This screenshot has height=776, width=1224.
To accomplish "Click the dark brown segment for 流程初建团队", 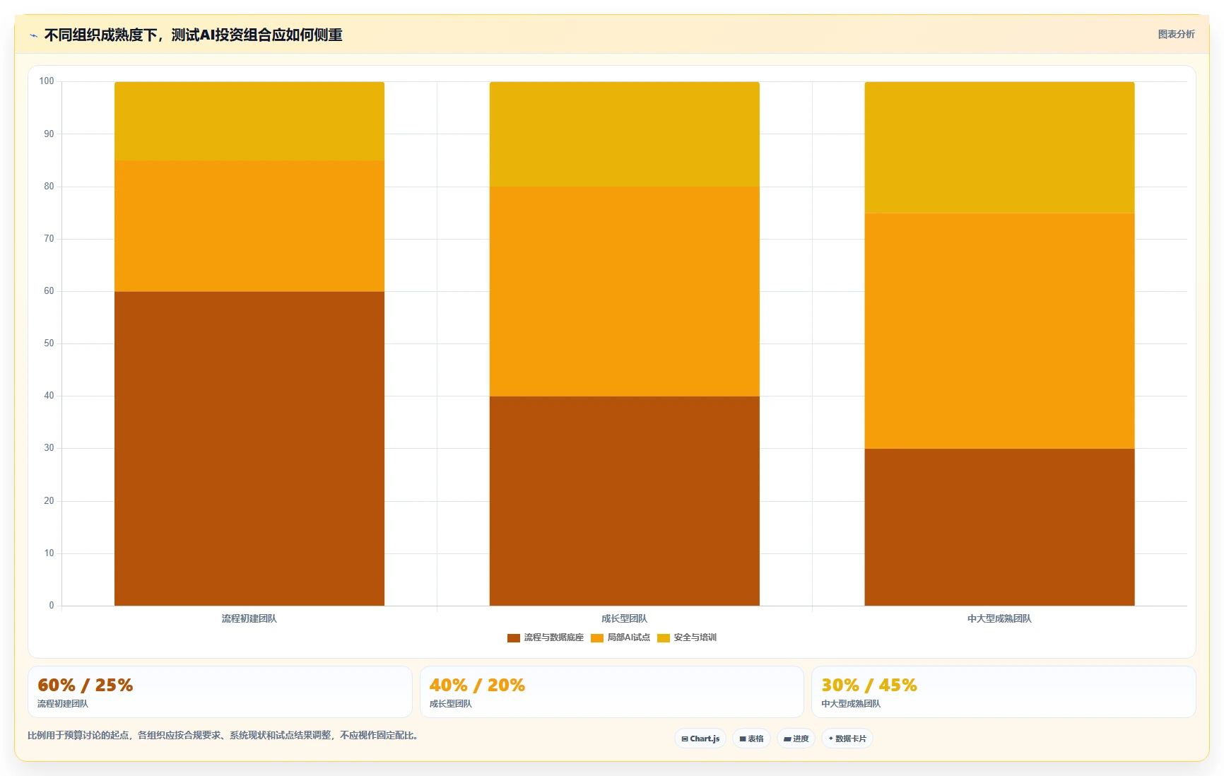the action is (x=249, y=448).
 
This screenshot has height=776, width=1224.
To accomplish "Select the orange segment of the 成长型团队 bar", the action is (x=625, y=291).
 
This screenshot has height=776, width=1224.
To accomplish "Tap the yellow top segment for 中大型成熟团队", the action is (x=999, y=147).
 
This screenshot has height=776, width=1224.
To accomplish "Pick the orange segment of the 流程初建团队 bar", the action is (x=249, y=225).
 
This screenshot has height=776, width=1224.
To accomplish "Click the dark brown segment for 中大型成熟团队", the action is (x=999, y=527).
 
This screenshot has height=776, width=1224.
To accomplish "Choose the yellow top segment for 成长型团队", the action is (x=625, y=134).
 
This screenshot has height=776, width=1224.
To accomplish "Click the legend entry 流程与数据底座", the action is (x=546, y=637).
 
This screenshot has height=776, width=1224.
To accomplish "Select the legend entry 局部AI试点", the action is (x=620, y=637).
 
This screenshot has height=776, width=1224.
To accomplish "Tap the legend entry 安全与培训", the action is (x=687, y=637).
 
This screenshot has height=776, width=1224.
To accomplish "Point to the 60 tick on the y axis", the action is (x=49, y=291).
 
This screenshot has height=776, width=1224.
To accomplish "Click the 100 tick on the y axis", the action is (x=47, y=81).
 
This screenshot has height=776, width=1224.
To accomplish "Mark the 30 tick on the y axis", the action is (x=49, y=448).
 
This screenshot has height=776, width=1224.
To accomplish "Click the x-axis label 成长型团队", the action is (x=625, y=618).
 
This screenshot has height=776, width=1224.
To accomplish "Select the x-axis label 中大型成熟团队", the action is (x=999, y=618).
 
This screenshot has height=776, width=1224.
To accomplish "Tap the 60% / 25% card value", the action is (x=86, y=685).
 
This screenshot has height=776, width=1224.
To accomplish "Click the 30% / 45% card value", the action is (x=869, y=685).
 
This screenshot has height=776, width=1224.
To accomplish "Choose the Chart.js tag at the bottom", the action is (x=700, y=739).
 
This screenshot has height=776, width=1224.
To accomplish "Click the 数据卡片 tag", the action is (x=847, y=739).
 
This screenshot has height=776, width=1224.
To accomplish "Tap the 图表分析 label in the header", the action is (x=1176, y=34).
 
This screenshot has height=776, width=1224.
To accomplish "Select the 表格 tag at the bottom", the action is (x=751, y=739).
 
